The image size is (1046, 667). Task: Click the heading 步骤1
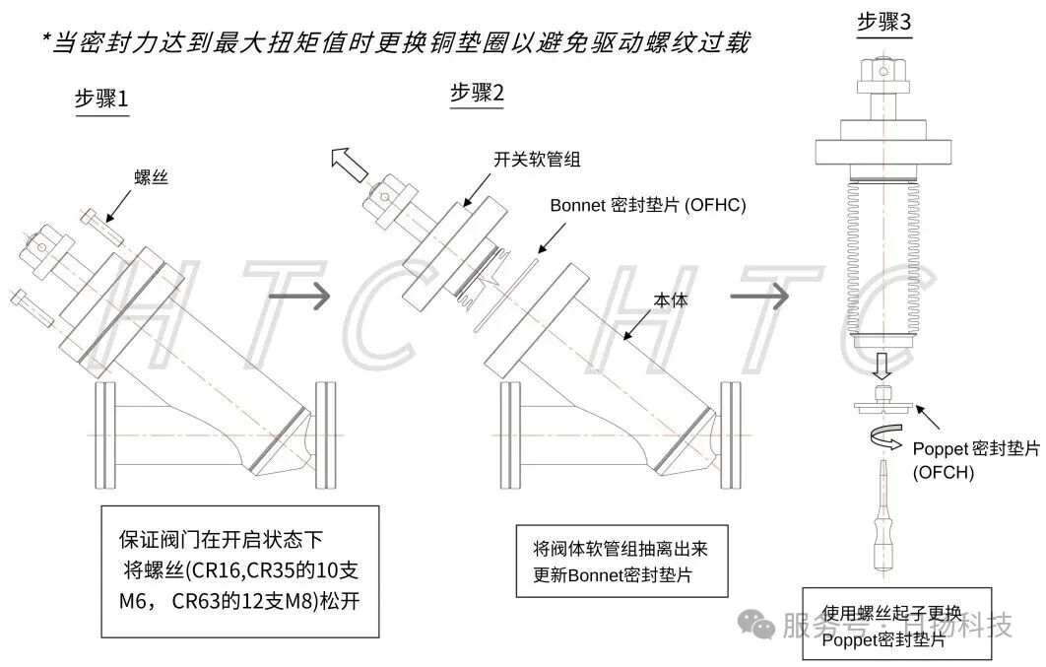point(101,100)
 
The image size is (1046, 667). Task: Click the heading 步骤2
point(477,94)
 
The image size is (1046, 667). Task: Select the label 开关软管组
point(530,160)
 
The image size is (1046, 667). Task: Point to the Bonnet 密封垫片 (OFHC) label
point(648,205)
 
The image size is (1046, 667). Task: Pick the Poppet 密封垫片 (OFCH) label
point(975,458)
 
